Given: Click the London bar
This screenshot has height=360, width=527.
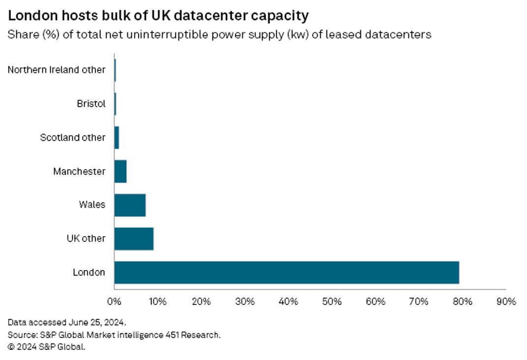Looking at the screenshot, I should click(x=286, y=272).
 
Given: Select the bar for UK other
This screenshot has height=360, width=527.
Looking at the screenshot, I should click(x=134, y=239).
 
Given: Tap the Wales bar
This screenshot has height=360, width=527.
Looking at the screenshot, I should click(x=130, y=205).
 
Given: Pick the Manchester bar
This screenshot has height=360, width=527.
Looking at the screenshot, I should click(x=120, y=172).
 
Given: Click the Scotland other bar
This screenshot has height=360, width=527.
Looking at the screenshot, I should click(x=117, y=138).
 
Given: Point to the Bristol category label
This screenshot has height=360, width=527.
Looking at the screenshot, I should click(x=91, y=104).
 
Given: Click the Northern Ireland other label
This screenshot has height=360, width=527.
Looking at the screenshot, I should click(x=57, y=70).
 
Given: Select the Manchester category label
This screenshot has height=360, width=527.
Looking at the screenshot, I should click(x=79, y=172).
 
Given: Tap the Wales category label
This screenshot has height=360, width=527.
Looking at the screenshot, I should click(x=92, y=205).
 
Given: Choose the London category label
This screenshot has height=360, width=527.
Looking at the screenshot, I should click(x=88, y=272).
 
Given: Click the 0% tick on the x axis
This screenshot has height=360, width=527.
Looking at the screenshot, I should click(x=114, y=301).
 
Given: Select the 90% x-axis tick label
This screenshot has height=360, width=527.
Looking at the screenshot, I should click(x=506, y=301).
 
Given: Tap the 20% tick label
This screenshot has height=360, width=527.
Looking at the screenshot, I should click(x=201, y=301).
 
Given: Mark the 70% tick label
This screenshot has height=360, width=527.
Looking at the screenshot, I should click(x=419, y=301).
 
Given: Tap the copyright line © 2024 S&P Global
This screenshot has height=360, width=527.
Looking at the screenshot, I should click(x=47, y=347).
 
